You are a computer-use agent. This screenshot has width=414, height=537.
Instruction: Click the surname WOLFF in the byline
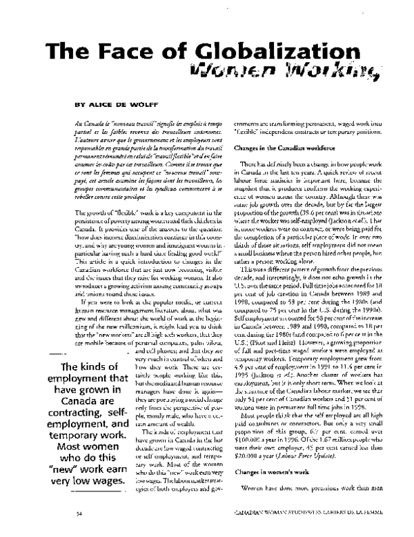tap(150, 108)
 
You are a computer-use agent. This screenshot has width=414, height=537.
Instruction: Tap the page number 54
tap(79, 532)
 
